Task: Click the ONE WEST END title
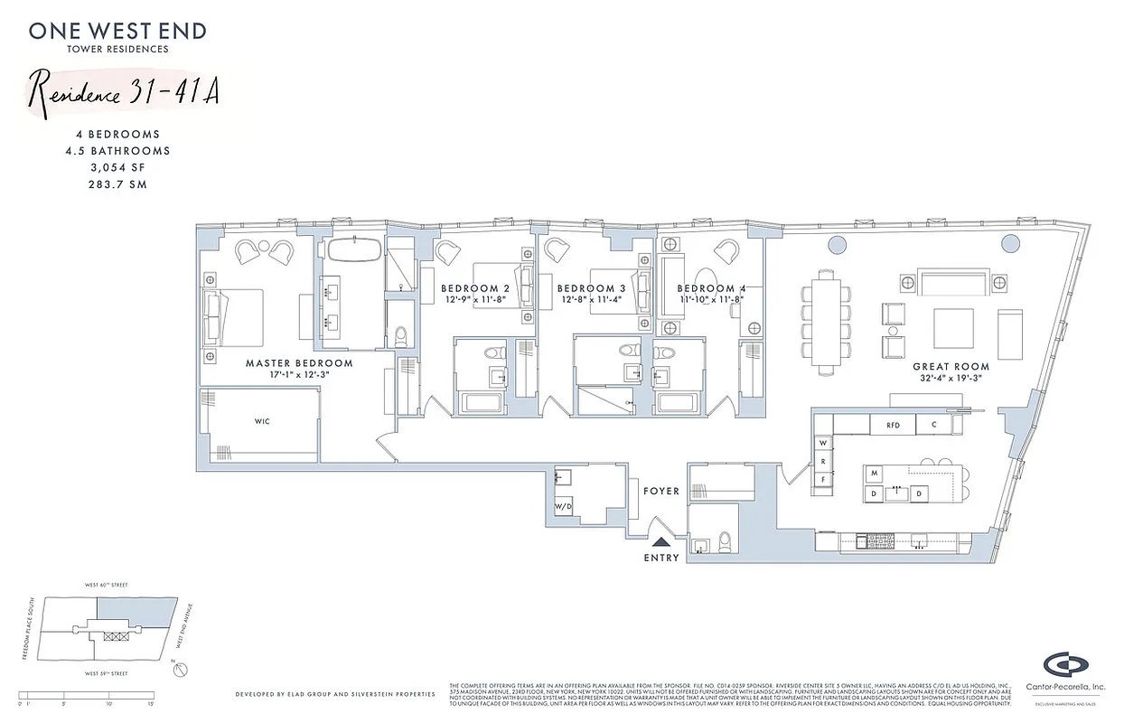coord(117,31)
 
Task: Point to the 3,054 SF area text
coord(117,168)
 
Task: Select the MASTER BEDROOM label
coord(299,363)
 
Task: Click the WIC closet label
coord(263,421)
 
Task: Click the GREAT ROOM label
coord(951,367)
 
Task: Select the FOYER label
coord(660,492)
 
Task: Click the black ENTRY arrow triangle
coord(661,542)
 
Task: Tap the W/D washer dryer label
coord(561,506)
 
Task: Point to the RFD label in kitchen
coord(893,424)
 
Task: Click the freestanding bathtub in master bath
coord(353,249)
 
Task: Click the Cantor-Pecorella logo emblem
coord(1066,665)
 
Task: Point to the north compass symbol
coord(182,670)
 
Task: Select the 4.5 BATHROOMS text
coord(117,151)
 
